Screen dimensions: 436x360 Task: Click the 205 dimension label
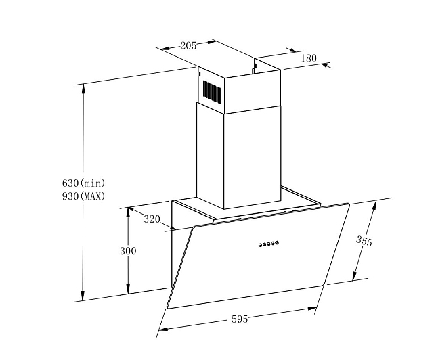click(188, 45)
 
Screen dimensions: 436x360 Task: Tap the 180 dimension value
click(309, 58)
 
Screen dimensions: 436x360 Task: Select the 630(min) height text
click(83, 183)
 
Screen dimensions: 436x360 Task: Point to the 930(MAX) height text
click(83, 196)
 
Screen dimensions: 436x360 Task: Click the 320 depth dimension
click(152, 219)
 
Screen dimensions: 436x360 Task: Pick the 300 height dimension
click(128, 251)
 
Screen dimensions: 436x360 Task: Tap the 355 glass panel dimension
click(364, 241)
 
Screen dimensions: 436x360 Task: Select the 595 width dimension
click(240, 319)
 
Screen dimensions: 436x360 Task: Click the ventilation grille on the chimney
click(212, 92)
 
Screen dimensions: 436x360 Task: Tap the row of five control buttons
click(268, 244)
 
